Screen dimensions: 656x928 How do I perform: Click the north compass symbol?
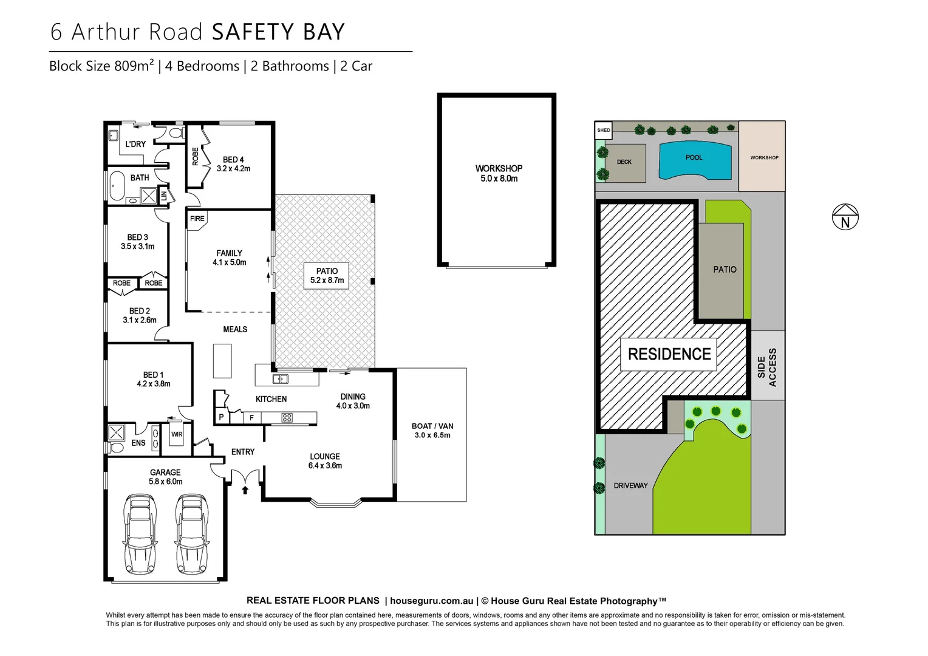[845, 217]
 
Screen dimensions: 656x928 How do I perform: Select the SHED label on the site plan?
[603, 130]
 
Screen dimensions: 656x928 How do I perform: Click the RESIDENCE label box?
[669, 354]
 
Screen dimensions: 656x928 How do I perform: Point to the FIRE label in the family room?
[197, 219]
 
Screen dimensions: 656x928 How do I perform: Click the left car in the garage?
[140, 534]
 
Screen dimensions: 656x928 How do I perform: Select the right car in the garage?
[192, 534]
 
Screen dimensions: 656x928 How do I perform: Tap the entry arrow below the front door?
[245, 488]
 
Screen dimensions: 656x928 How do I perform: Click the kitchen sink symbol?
[280, 379]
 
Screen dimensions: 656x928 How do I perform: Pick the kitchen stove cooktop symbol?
[287, 417]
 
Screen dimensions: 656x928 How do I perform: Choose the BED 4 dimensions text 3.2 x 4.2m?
[233, 168]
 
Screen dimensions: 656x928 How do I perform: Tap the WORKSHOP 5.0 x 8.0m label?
[499, 173]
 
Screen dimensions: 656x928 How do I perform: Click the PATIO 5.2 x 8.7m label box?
[327, 276]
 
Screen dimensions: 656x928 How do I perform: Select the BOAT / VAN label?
[432, 426]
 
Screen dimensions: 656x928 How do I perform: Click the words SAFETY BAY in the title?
[278, 32]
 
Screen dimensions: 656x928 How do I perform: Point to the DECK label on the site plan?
[624, 162]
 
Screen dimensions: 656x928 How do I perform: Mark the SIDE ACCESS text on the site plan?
[766, 367]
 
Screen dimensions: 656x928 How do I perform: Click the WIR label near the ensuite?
[177, 434]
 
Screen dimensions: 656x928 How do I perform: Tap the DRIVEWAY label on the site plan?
[630, 485]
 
